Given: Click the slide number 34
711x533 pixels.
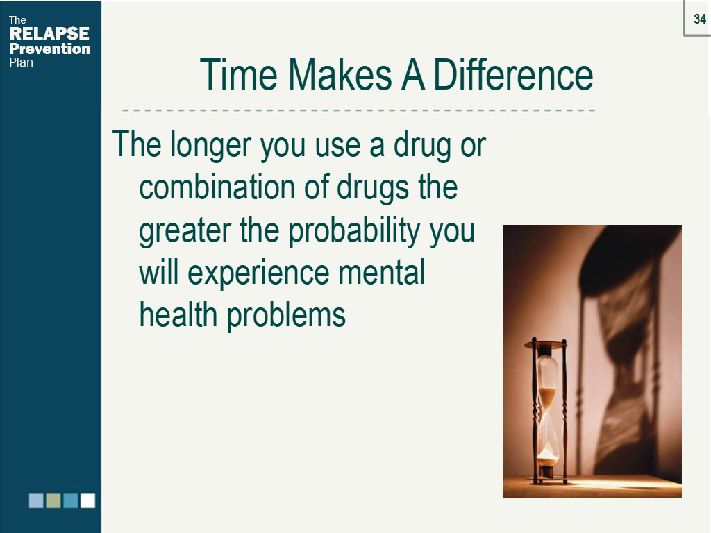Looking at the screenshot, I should click(699, 19).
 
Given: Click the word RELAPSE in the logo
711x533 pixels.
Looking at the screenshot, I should click(49, 34).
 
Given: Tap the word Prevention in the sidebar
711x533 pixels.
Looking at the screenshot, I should click(50, 49).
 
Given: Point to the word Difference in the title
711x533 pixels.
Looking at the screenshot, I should click(513, 74).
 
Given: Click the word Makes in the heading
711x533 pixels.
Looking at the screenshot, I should click(340, 74).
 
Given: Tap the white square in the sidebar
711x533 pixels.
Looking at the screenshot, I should click(87, 500).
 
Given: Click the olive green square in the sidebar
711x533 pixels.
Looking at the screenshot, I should click(53, 500).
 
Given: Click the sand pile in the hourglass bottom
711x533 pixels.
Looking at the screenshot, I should click(548, 458).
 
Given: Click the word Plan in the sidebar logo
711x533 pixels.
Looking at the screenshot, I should click(22, 62).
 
